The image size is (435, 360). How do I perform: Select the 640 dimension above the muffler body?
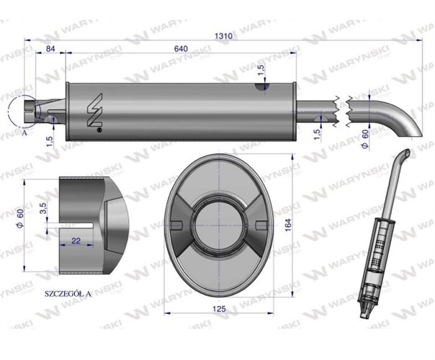click(181, 48)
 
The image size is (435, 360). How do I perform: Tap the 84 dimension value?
click(50, 48)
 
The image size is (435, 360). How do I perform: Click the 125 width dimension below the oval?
click(220, 308)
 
